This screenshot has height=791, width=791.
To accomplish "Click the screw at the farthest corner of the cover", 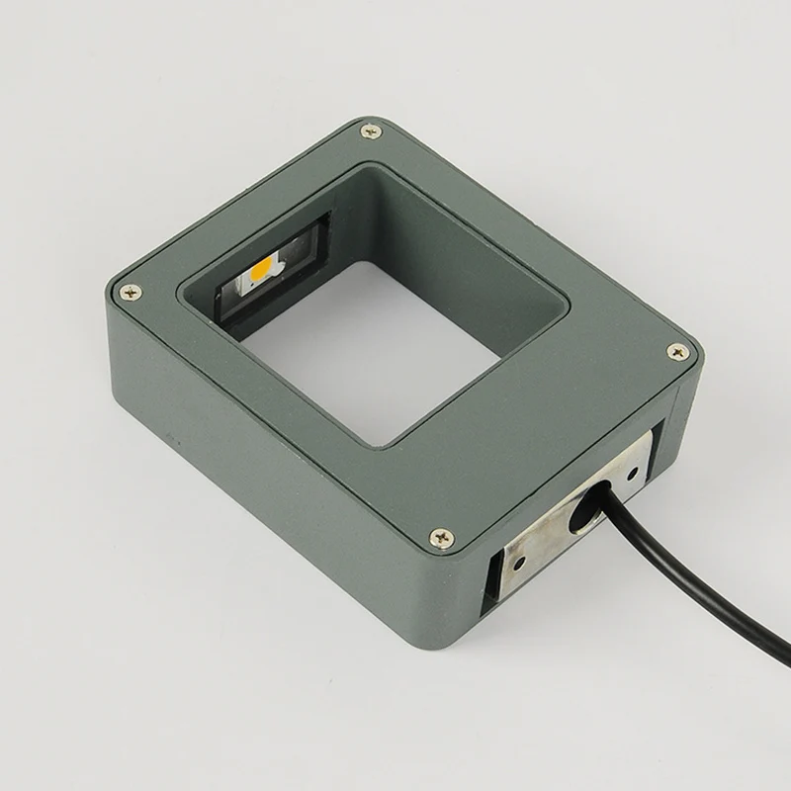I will point(370,130).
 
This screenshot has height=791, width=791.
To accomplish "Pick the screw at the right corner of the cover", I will point(676,351).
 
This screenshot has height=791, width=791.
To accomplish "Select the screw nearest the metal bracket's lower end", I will point(442,538).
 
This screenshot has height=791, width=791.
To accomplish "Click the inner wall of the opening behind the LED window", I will point(297,213).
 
